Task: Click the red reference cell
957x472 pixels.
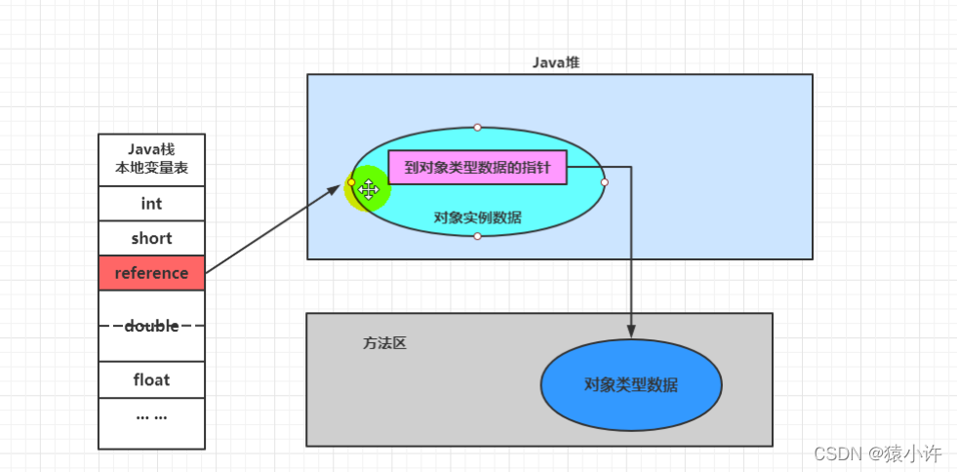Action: click(151, 273)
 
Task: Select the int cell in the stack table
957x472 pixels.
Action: click(151, 204)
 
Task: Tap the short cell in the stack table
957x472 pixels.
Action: click(151, 238)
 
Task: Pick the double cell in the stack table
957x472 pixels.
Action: click(151, 326)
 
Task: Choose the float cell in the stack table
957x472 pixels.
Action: click(151, 379)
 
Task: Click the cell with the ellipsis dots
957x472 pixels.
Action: click(151, 415)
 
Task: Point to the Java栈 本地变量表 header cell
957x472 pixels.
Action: click(151, 159)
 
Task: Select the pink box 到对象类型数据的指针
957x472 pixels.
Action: click(477, 168)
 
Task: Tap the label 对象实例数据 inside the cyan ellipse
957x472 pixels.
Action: click(477, 217)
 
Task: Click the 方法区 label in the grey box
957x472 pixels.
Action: click(383, 343)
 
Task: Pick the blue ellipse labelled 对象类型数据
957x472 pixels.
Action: click(631, 384)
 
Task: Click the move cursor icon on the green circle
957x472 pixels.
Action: click(369, 189)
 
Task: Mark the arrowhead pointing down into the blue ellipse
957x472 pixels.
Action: click(631, 332)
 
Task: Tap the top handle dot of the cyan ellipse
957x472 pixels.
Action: click(477, 127)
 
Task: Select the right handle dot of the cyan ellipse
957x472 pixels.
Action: click(604, 182)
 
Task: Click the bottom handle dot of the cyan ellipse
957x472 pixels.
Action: click(477, 236)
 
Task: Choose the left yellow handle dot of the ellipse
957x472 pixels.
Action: click(351, 182)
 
